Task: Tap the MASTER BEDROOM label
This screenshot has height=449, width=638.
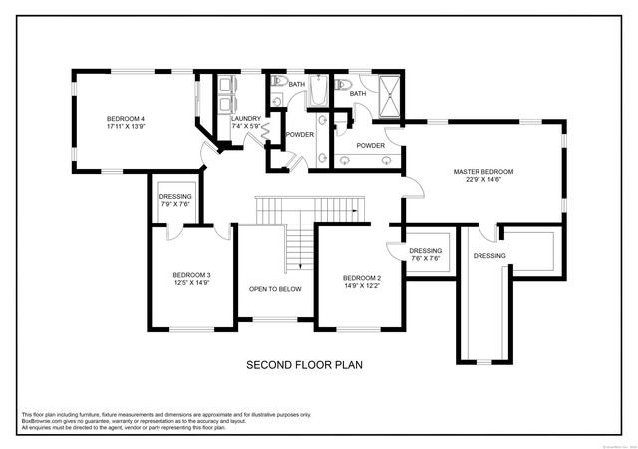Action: [x=483, y=172]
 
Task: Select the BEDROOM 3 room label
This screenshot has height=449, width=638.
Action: [x=191, y=274]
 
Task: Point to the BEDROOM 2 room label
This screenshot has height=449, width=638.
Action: [x=361, y=277]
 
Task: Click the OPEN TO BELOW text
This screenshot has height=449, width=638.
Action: [x=275, y=289]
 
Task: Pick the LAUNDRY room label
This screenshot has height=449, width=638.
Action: [x=245, y=119]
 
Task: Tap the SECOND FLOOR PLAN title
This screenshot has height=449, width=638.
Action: [x=304, y=365]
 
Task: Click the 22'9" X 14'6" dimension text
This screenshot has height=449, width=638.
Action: [x=483, y=182]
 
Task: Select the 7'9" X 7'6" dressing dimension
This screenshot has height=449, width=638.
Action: [x=174, y=205]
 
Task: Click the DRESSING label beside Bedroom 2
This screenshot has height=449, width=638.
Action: [x=425, y=251]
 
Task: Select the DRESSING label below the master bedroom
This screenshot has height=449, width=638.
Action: [x=489, y=256]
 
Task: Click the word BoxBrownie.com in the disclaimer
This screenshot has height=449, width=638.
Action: [x=43, y=419]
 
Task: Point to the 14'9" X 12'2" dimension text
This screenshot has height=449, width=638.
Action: [x=361, y=287]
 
